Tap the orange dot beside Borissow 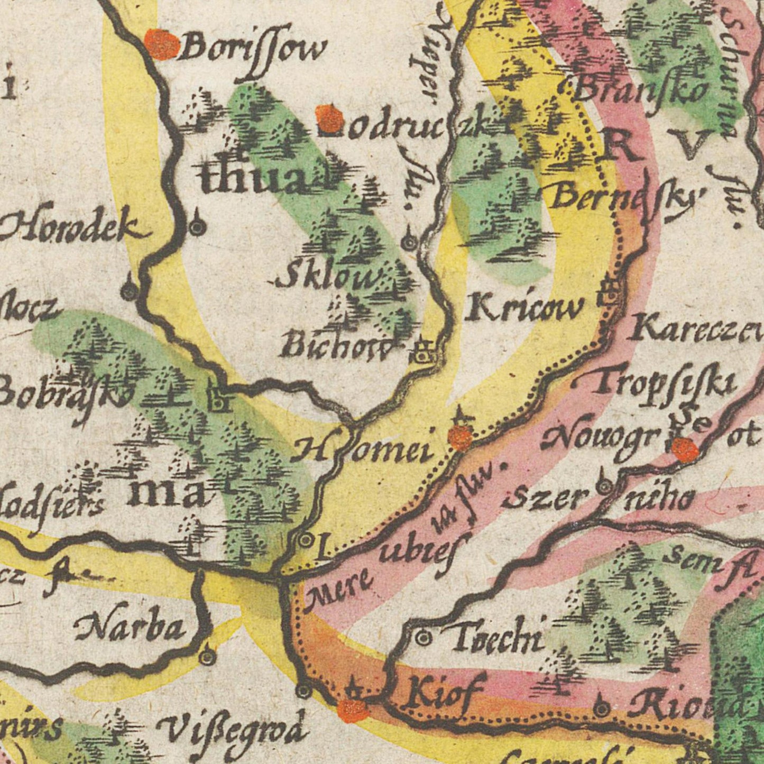coord(162,45)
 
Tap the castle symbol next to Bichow coord(424,353)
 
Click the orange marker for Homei coord(460,438)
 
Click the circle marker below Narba coord(207,657)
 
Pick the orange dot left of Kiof coord(353,710)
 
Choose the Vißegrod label coord(233,732)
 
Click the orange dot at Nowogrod coord(685,450)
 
